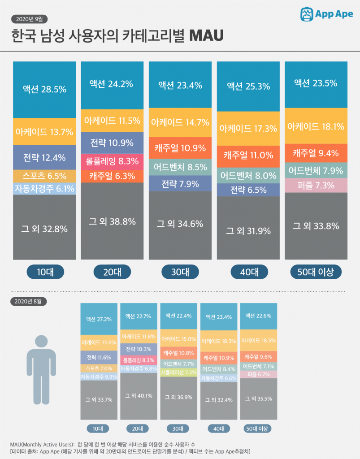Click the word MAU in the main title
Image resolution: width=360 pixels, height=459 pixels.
point(207,36)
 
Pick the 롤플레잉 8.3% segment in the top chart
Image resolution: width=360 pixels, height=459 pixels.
point(112,161)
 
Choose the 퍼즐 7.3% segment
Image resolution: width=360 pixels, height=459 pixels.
point(316,185)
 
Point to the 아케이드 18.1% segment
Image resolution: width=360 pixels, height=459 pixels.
point(316,126)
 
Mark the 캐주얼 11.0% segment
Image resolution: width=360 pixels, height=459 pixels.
point(248,156)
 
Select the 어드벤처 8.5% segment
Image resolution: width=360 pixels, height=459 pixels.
point(180,167)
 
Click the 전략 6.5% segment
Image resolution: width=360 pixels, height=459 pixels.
point(248,190)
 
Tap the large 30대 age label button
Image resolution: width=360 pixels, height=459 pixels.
point(180,272)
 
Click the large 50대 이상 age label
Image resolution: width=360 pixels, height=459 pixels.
point(316,272)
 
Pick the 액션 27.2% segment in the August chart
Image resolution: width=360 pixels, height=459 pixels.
point(98,319)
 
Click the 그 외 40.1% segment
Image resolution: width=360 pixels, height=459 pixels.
point(138,396)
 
